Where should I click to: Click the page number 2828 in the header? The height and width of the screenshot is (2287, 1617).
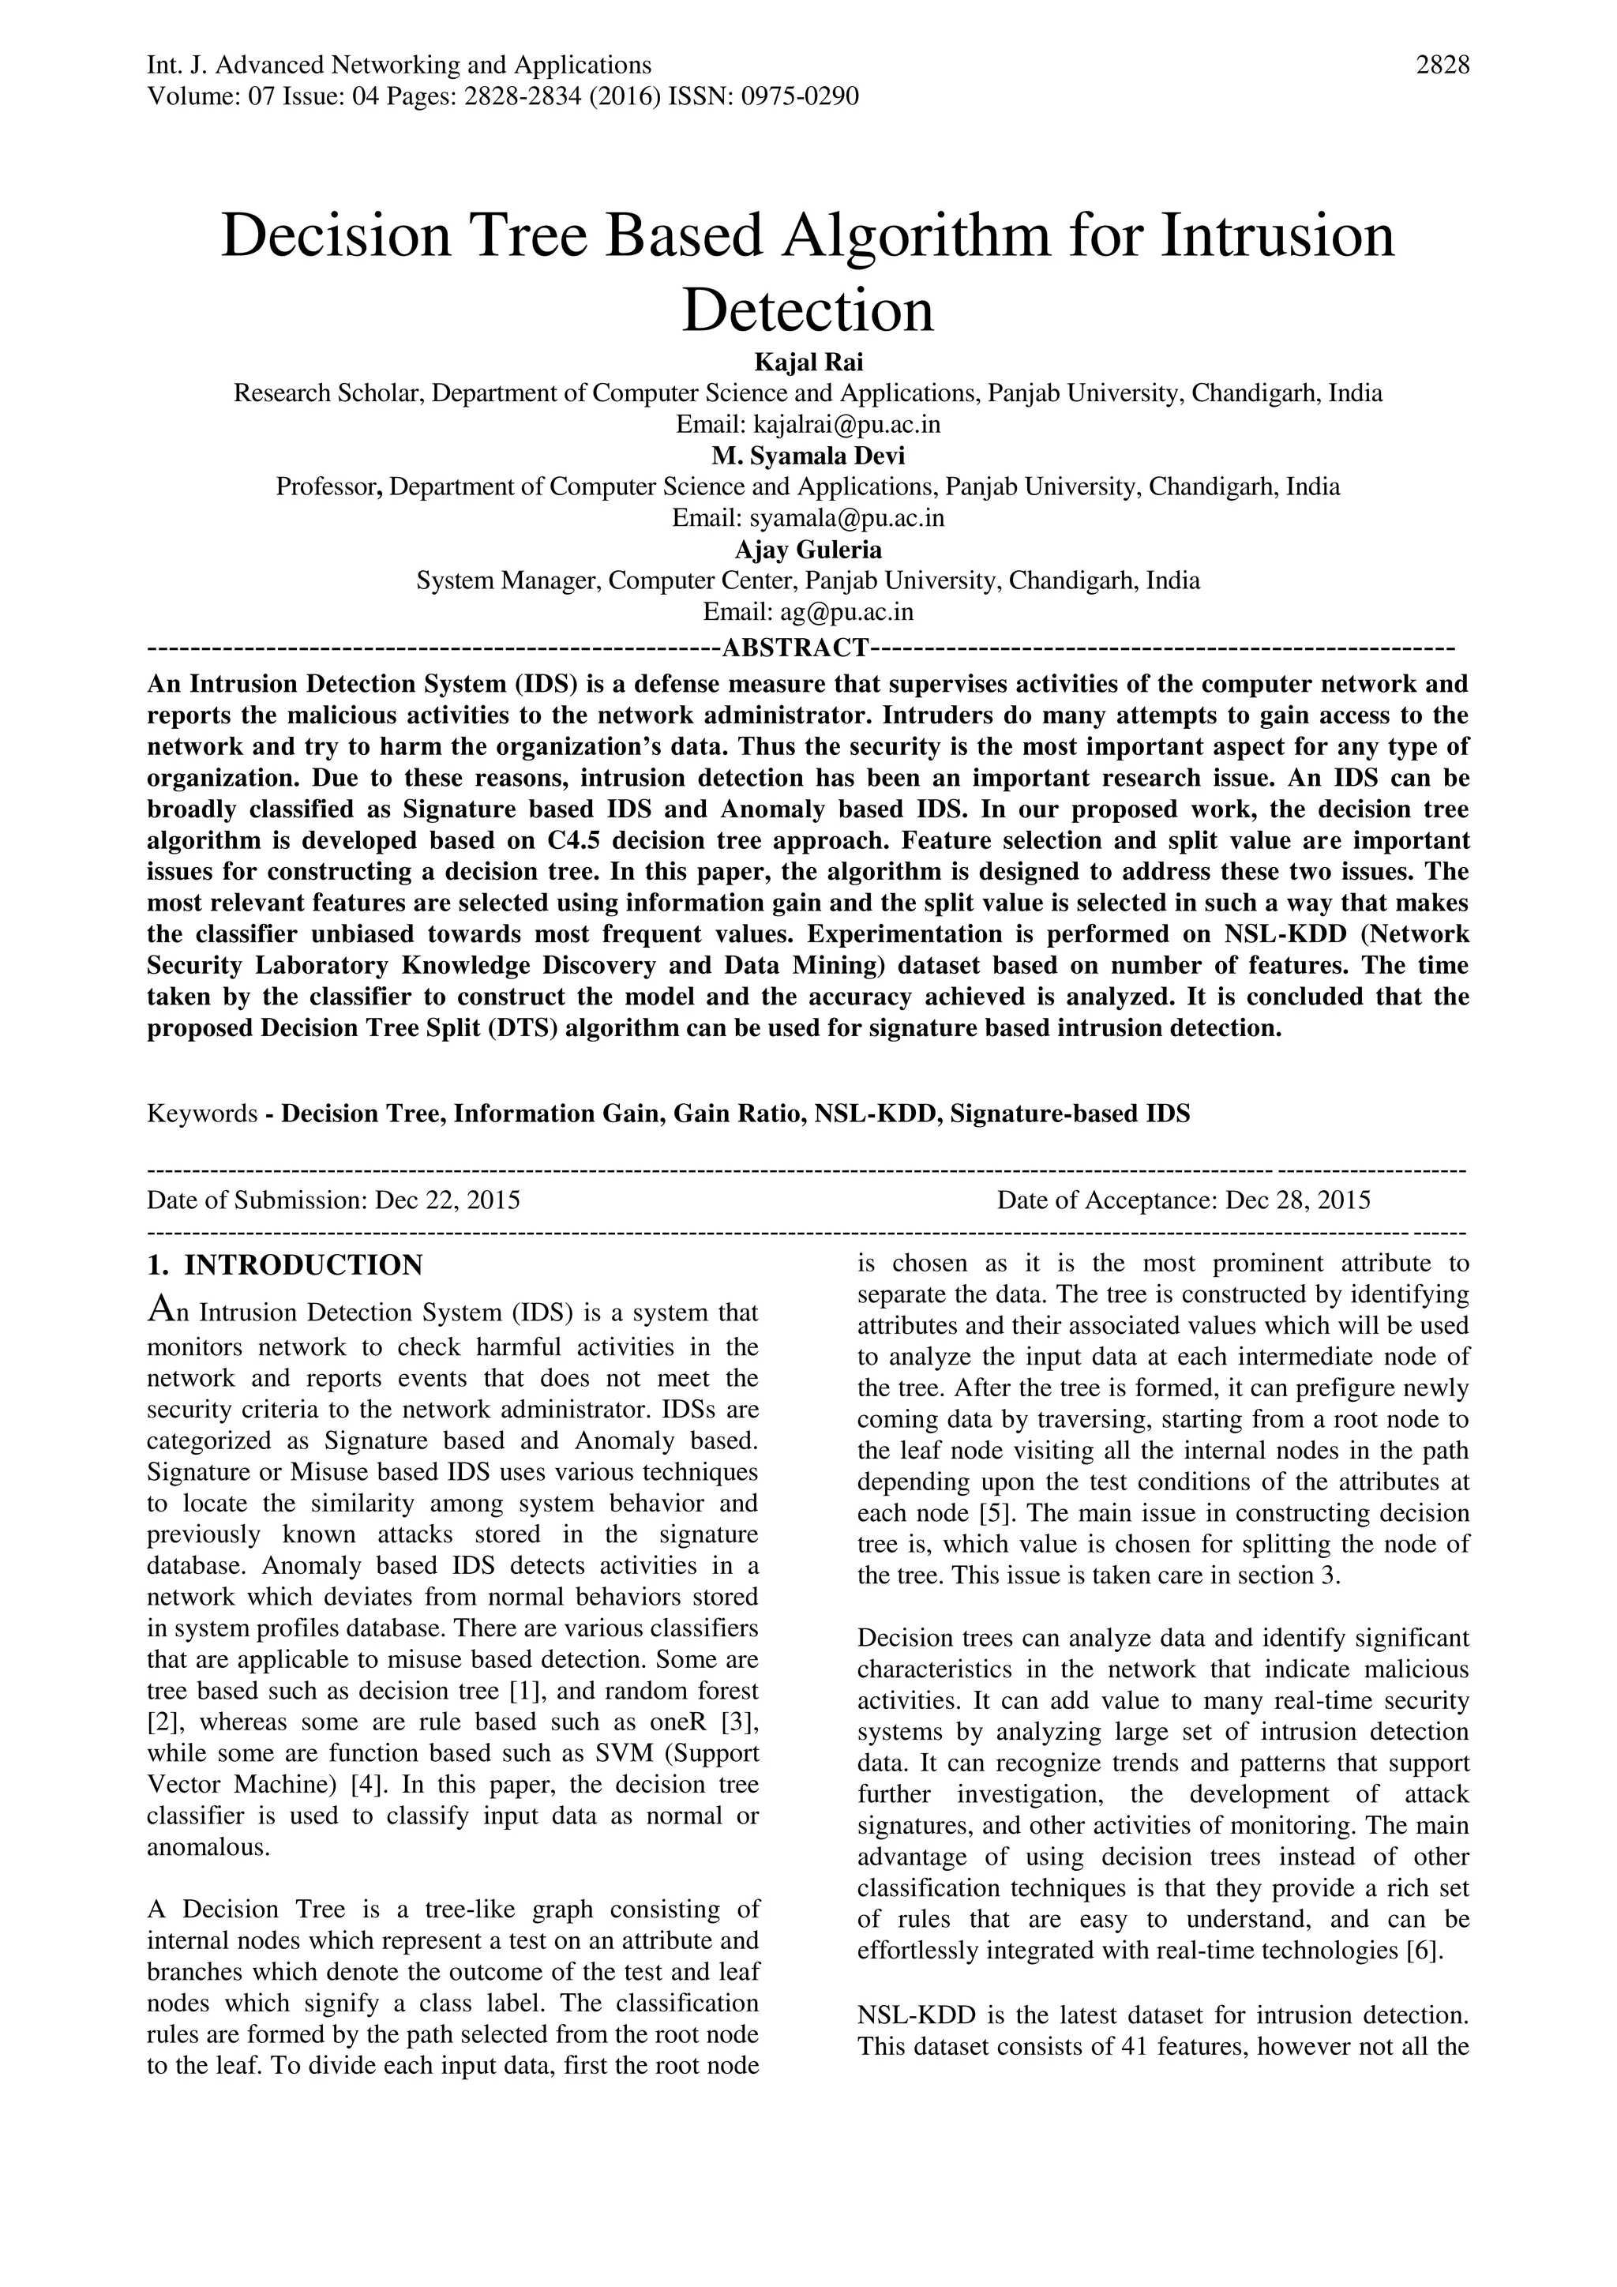(1442, 66)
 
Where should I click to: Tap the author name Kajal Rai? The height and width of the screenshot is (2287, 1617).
(808, 362)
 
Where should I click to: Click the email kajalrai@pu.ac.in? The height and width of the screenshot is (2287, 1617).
(846, 424)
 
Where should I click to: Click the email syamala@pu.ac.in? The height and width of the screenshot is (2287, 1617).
(846, 518)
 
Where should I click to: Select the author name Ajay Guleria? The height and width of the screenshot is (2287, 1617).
(808, 549)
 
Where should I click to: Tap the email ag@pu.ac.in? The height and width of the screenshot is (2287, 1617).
(846, 611)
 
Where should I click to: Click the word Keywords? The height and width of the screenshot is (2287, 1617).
(202, 1113)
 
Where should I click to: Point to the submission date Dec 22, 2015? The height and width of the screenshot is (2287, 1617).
(447, 1200)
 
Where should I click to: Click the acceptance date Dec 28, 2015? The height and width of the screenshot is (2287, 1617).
(1297, 1200)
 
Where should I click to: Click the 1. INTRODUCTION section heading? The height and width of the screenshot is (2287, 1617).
(285, 1266)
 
